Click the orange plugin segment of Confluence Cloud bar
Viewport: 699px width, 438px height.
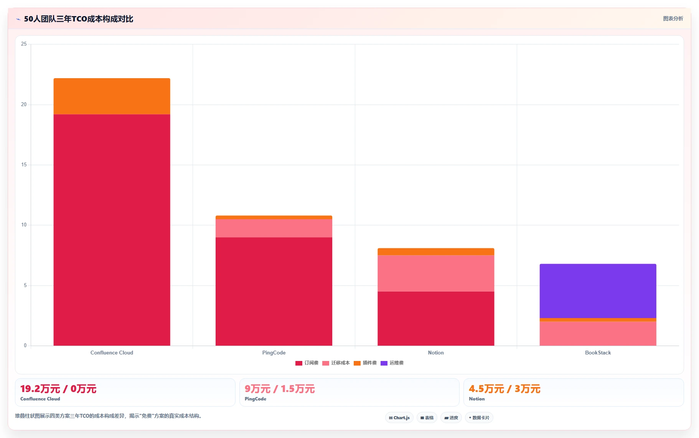[112, 96]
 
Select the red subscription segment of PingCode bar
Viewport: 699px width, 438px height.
[274, 291]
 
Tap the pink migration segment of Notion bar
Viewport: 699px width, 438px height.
[436, 273]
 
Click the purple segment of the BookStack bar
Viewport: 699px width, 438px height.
[598, 291]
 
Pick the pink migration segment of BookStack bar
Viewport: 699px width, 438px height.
[598, 333]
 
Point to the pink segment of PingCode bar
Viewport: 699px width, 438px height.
[274, 228]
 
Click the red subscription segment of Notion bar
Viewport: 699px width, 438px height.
[436, 318]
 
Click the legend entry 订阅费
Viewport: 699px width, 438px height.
[307, 363]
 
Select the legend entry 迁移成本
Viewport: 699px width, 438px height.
[336, 363]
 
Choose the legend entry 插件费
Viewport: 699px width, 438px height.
[365, 363]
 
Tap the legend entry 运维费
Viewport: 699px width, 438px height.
[392, 363]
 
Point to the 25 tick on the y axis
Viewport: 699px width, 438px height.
[24, 44]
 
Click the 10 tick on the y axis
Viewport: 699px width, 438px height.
[24, 225]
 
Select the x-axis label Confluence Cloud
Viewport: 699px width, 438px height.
[112, 353]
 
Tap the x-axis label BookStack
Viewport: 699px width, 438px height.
[598, 353]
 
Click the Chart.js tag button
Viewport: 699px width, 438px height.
[399, 418]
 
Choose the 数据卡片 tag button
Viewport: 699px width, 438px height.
[479, 418]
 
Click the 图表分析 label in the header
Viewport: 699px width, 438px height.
[673, 18]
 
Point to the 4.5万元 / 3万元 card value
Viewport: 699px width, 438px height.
[504, 389]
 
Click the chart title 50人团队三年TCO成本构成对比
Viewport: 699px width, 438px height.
[79, 19]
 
